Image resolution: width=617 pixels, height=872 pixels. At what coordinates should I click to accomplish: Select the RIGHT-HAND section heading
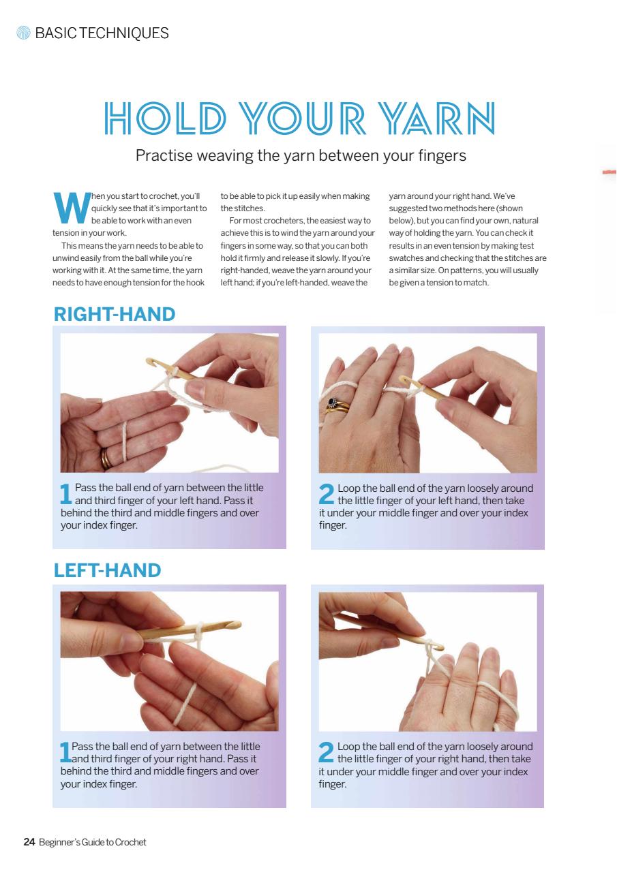(114, 314)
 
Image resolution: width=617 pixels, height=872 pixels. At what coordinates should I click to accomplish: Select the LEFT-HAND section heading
(107, 570)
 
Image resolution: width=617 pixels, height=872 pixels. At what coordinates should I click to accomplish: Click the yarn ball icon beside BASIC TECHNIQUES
(24, 33)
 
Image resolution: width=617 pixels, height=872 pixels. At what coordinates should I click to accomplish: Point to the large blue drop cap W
(70, 208)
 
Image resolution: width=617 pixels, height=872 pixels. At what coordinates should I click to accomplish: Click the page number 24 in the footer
(29, 842)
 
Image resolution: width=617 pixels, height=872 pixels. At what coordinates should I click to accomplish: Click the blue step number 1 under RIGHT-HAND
(65, 495)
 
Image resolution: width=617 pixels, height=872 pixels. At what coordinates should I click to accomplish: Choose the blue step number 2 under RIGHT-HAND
(327, 495)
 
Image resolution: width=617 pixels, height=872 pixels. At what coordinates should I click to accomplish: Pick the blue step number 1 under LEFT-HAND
(65, 753)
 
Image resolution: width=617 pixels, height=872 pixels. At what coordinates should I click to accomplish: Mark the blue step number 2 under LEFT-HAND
(327, 753)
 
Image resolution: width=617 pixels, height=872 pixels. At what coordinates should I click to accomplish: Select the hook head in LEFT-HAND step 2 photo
(439, 647)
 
